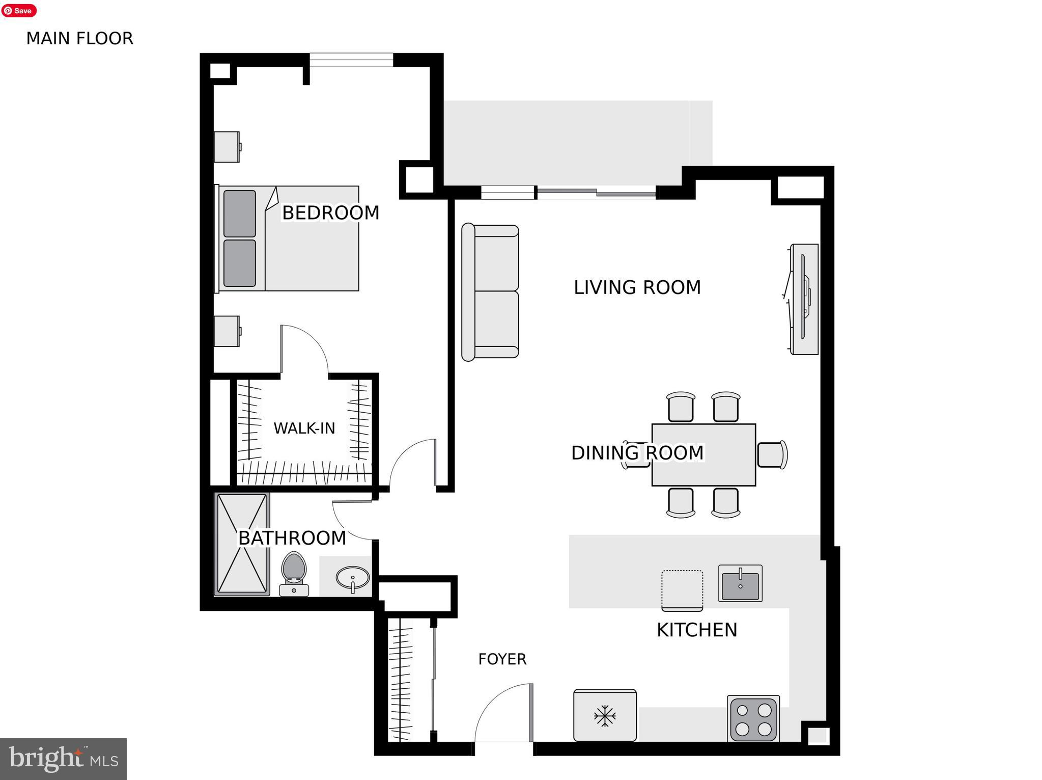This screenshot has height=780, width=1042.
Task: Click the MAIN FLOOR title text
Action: [x=79, y=39]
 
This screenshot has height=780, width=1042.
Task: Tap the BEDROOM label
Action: [x=330, y=213]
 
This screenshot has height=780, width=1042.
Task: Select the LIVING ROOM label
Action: [x=637, y=288]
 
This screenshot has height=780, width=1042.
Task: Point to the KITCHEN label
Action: [x=696, y=630]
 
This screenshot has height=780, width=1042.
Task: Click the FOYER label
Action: [x=502, y=659]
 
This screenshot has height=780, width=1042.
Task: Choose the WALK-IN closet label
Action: [x=304, y=428]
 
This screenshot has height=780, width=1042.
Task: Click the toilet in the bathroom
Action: [x=294, y=573]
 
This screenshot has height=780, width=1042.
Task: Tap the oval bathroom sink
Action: [x=353, y=578]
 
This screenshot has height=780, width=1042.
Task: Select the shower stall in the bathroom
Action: [x=242, y=544]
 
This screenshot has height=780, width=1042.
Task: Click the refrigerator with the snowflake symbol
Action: [x=605, y=715]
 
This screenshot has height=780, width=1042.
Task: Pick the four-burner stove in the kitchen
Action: [x=753, y=718]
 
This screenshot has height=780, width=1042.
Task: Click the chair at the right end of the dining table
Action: [x=772, y=454]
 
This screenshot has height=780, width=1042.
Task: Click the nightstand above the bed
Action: [x=227, y=147]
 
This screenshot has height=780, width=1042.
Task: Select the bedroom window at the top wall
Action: [x=351, y=60]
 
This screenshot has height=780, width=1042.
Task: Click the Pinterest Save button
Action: [x=19, y=10]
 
